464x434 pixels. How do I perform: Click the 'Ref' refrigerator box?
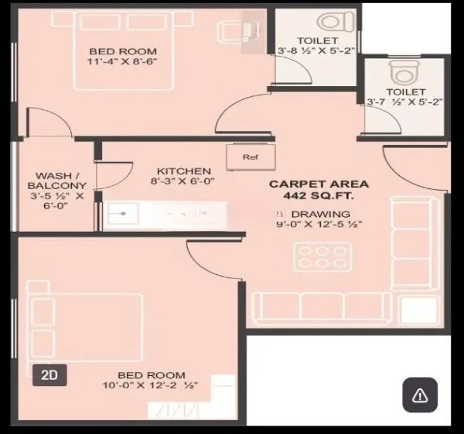(x=249, y=157)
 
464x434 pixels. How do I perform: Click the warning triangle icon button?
(x=420, y=396)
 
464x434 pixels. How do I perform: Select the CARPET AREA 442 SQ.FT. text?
(x=319, y=191)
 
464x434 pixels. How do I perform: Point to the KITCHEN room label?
(x=183, y=171)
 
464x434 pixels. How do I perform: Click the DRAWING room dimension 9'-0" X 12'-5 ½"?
(x=319, y=225)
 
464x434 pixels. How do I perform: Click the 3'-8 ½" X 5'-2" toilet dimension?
(x=316, y=51)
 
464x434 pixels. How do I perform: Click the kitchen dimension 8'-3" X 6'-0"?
(x=183, y=183)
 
